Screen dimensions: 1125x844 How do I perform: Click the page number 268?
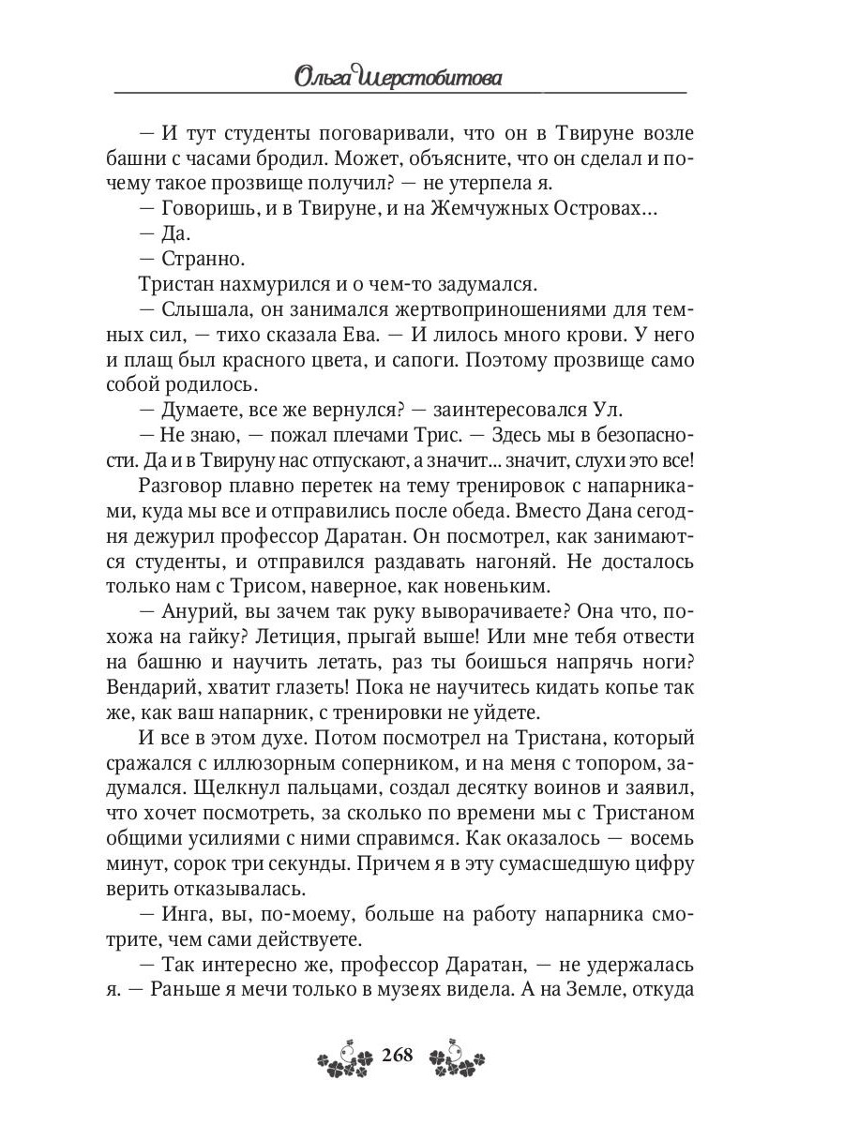(x=398, y=1056)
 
